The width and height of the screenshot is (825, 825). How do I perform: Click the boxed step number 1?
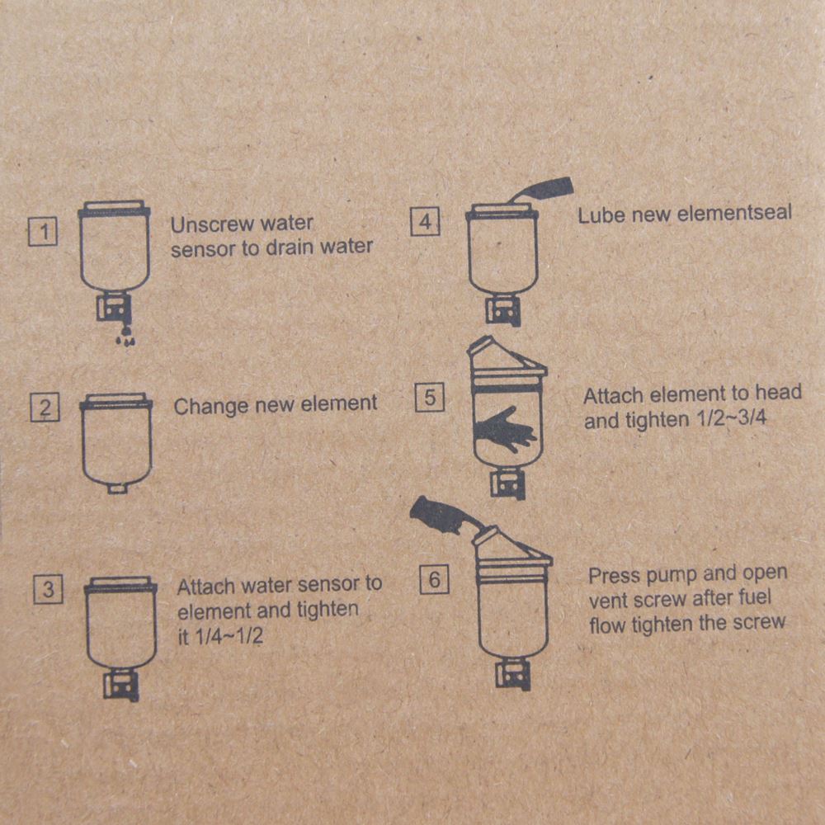(43, 232)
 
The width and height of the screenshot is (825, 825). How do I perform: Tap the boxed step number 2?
(45, 408)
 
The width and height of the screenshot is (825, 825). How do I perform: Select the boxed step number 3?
(48, 589)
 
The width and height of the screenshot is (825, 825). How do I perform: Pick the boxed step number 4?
(425, 221)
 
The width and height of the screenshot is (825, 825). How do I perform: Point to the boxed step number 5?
(430, 398)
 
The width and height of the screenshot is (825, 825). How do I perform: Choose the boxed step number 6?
(434, 579)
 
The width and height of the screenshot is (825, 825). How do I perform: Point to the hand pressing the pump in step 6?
(445, 515)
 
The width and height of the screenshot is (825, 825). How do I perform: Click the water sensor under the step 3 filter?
(121, 685)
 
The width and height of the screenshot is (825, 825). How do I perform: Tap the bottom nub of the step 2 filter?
(117, 488)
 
